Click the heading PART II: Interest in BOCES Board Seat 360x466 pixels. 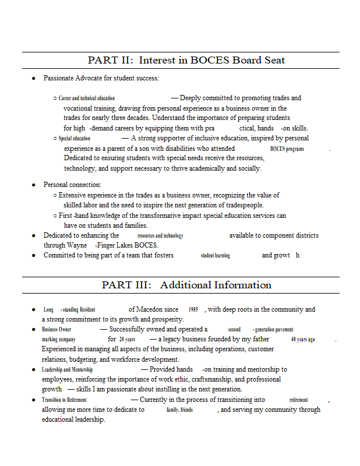[186, 60]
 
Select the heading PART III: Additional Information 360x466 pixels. [186, 285]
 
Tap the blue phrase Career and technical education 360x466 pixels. [87, 98]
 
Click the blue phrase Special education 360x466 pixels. [75, 139]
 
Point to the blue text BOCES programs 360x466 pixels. [287, 149]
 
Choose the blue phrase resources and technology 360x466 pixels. [160, 236]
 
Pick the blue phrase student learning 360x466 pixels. [215, 256]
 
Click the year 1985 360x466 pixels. [193, 310]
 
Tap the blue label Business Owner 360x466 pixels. [57, 330]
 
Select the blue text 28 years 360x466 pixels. [127, 340]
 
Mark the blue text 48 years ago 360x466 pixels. [303, 340]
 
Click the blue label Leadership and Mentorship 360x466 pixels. [67, 370]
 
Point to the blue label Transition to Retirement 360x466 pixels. [64, 400]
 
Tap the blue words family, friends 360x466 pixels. [179, 410]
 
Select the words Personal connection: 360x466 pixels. [72, 185]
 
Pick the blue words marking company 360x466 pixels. [59, 340]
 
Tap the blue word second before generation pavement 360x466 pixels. [234, 330]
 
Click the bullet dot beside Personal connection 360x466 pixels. [34, 185]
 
